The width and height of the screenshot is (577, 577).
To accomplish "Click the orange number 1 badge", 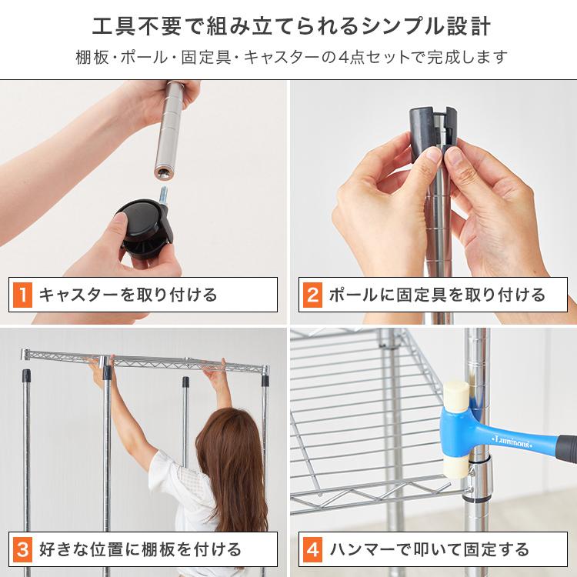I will [x=23, y=295].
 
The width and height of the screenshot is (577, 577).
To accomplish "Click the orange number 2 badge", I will [x=312, y=295].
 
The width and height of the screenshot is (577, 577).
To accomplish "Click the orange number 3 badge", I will [x=23, y=549].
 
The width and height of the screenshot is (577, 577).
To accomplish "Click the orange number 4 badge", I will [x=312, y=549].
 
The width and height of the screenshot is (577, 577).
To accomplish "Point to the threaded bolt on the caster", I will [x=163, y=196].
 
